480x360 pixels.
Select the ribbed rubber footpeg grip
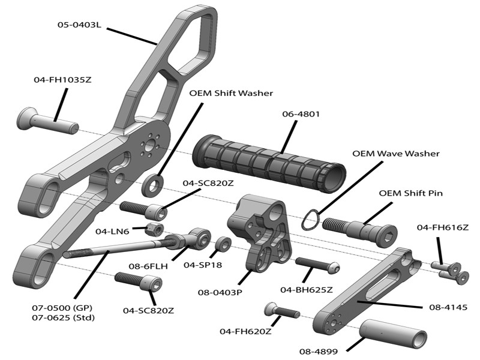coord(269,163)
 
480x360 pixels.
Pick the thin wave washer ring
coord(310,220)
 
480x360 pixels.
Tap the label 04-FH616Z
coord(442,227)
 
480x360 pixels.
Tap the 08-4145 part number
coord(444,308)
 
